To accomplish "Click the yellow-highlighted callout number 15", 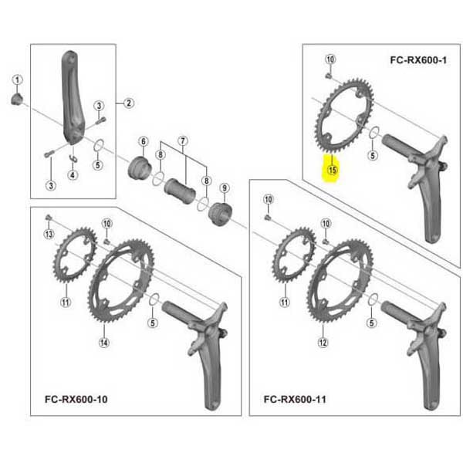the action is [x=332, y=170].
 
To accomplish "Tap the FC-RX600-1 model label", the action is [x=418, y=60].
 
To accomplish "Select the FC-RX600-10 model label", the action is [x=76, y=399].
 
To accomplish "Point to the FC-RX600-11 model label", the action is [x=295, y=399].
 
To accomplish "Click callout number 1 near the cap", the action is [x=17, y=79].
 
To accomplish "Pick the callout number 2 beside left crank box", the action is [x=128, y=103].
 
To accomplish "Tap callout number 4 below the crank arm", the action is [x=73, y=175].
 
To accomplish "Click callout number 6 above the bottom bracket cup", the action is [x=144, y=141].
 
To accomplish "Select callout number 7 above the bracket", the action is [x=183, y=141].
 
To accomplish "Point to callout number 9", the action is [x=225, y=188].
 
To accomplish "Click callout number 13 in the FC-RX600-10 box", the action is [x=49, y=234].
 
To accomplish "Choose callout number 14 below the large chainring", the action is [x=103, y=343].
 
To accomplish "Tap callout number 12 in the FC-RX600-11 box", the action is [x=323, y=343].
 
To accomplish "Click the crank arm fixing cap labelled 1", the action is [x=17, y=99].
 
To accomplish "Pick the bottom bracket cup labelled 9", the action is [x=220, y=215].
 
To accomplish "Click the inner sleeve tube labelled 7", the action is [x=180, y=191].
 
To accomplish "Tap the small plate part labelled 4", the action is [x=73, y=158].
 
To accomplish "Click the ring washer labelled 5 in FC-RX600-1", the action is [x=375, y=132].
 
